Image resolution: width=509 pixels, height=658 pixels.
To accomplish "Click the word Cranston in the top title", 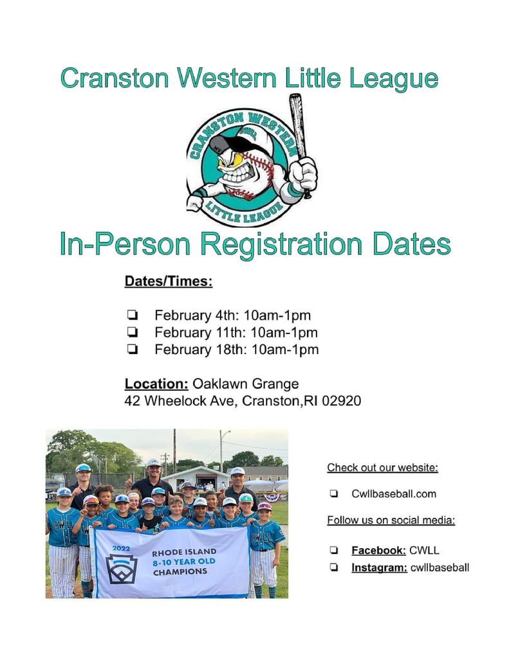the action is tap(115, 78).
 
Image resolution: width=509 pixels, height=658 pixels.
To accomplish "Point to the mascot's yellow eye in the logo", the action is tap(236, 160).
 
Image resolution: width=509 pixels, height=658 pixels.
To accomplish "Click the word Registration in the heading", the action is tap(281, 245).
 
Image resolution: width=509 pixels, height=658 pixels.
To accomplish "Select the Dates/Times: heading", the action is tap(169, 281).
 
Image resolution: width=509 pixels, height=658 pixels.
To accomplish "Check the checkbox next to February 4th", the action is tap(132, 314).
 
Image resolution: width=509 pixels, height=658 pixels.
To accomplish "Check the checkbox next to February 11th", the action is tap(132, 332).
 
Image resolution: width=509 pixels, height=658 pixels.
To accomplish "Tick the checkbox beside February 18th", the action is tap(132, 349).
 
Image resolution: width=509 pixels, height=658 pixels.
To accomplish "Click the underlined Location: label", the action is tap(156, 384).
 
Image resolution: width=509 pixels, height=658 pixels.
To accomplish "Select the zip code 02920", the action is tap(341, 401).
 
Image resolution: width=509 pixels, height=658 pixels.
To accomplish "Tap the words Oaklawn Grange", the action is tap(245, 384).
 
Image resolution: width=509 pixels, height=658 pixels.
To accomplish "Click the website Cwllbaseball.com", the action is tap(394, 493).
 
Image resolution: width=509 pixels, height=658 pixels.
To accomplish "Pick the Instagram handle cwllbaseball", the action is tap(440, 567).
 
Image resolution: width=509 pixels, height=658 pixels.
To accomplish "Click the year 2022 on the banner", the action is tap(121, 548).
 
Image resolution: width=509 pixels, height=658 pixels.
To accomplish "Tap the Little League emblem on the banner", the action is tap(122, 569).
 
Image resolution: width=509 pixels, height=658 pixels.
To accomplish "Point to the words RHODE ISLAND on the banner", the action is tap(184, 552).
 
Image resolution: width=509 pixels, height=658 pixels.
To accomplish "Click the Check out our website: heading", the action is tap(382, 468).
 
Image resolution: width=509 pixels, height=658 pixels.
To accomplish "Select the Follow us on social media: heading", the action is tap(391, 520).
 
